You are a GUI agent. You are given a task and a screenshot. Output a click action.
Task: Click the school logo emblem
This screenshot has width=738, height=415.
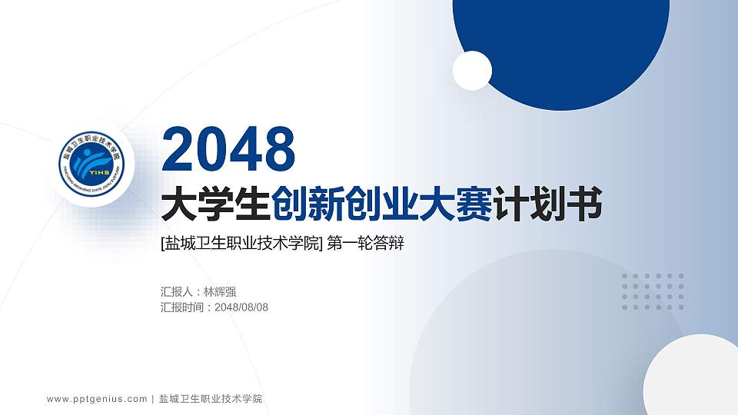pos(90,163)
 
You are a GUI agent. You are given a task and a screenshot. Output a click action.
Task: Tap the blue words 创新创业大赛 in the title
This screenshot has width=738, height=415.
pos(381,206)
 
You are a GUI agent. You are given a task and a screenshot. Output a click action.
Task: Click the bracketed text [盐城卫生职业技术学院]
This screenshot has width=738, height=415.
pos(241,244)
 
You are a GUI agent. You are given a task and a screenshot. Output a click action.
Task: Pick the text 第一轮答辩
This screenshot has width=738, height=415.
pos(365,244)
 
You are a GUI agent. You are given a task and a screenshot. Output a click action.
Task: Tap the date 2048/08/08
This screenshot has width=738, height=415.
pos(241,307)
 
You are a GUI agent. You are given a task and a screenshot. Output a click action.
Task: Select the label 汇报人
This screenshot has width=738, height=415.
pos(177,291)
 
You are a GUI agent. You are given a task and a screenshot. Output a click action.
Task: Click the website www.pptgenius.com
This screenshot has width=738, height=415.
pos(97,399)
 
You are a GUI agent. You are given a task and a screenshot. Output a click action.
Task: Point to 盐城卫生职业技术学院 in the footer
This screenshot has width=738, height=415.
pos(210,399)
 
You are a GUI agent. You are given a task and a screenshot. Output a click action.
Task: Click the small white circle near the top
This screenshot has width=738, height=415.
pos(472,70)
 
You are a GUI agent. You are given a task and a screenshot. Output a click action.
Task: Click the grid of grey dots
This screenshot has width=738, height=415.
pos(653,291)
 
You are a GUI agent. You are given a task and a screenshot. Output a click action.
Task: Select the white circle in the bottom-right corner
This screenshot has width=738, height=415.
pos(692,377)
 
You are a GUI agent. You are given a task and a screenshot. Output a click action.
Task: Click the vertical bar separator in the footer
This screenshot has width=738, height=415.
pos(153,399)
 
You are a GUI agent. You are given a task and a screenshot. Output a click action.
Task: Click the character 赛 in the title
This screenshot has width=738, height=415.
pos(477,206)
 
